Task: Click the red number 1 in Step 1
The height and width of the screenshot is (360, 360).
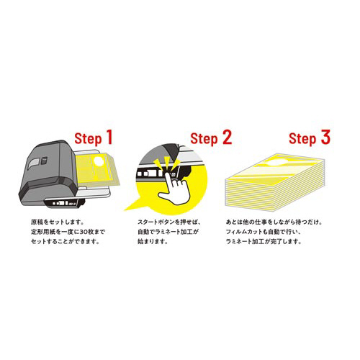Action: pyautogui.click(x=109, y=137)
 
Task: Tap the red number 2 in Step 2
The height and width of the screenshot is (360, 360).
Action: pyautogui.click(x=228, y=137)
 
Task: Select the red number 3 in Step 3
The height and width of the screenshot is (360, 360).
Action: pyautogui.click(x=325, y=137)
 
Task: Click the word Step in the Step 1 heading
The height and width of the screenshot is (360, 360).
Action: pyautogui.click(x=88, y=139)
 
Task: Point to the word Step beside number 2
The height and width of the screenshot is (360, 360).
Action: pyautogui.click(x=204, y=139)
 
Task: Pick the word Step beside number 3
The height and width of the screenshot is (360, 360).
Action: pyautogui.click(x=302, y=139)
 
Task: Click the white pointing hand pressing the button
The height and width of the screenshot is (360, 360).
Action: pyautogui.click(x=175, y=189)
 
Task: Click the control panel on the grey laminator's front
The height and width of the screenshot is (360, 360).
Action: pyautogui.click(x=65, y=203)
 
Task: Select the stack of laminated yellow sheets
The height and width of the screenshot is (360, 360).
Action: pyautogui.click(x=275, y=181)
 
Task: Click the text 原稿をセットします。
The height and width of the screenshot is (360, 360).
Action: pyautogui.click(x=57, y=222)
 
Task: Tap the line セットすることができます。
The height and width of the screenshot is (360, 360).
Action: pyautogui.click(x=65, y=241)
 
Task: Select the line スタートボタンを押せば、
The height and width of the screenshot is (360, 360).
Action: pyautogui.click(x=168, y=222)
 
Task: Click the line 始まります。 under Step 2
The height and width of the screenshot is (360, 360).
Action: pyautogui.click(x=153, y=241)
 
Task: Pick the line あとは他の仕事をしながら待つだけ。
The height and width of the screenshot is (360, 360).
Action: pyautogui.click(x=274, y=222)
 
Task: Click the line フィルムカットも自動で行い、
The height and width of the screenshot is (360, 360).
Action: pyautogui.click(x=264, y=232)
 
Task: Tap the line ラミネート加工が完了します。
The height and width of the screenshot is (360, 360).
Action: pyautogui.click(x=264, y=241)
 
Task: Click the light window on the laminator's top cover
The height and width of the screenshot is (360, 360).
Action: pyautogui.click(x=34, y=164)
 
